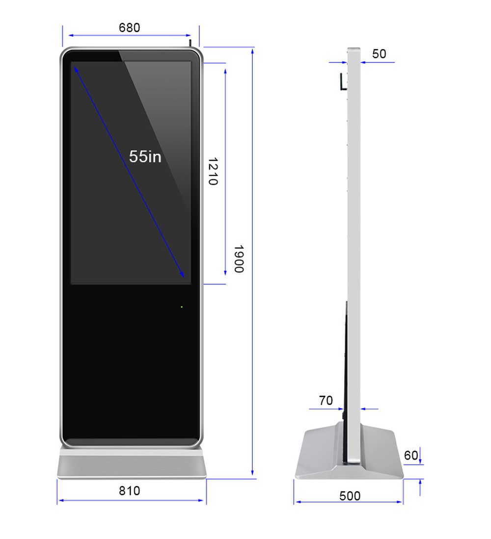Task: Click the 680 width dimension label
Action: (x=129, y=27)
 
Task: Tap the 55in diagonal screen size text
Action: (x=145, y=157)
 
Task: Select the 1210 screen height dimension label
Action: (x=213, y=171)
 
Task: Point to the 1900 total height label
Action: (x=239, y=259)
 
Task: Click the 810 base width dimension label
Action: (x=129, y=490)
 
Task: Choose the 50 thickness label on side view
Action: (x=379, y=53)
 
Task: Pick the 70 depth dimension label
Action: (x=326, y=401)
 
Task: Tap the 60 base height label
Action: (x=411, y=456)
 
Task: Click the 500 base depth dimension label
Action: (x=350, y=496)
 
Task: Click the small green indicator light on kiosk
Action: (x=182, y=307)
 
